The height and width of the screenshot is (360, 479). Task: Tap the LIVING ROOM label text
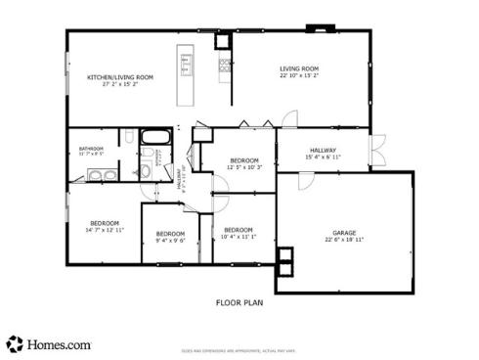click(x=300, y=68)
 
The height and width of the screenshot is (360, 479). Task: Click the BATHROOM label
click(x=91, y=150)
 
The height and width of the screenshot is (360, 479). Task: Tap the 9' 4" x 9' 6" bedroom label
click(x=171, y=236)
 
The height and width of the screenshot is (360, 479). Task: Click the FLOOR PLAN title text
click(x=239, y=302)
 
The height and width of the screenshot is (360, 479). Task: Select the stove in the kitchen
click(x=225, y=67)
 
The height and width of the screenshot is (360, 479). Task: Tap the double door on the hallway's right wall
click(x=374, y=155)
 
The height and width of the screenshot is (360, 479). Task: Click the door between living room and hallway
click(x=290, y=122)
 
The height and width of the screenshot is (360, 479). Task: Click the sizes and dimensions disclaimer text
click(x=239, y=349)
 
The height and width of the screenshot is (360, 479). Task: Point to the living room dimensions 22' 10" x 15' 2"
click(x=300, y=75)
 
